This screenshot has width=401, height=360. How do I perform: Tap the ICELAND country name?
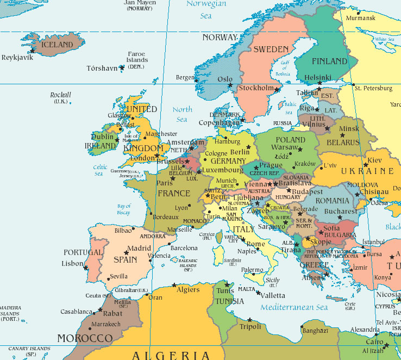(57, 44)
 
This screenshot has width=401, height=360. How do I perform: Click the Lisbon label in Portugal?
(72, 263)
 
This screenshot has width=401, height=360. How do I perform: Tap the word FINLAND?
(329, 61)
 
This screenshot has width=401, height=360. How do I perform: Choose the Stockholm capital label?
(256, 88)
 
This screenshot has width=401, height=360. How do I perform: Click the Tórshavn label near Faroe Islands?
(102, 69)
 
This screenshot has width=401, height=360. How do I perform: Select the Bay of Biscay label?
(124, 209)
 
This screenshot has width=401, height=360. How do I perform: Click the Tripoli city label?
(250, 326)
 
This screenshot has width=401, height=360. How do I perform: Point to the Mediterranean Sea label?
(294, 308)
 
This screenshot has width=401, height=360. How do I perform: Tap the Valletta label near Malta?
(271, 296)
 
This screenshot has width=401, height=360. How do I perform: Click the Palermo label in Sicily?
(252, 270)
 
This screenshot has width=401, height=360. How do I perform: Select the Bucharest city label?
(341, 211)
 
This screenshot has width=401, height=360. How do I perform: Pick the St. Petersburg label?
(373, 88)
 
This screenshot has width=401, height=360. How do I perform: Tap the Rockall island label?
(60, 95)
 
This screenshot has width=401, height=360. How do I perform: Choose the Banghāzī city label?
(315, 330)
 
